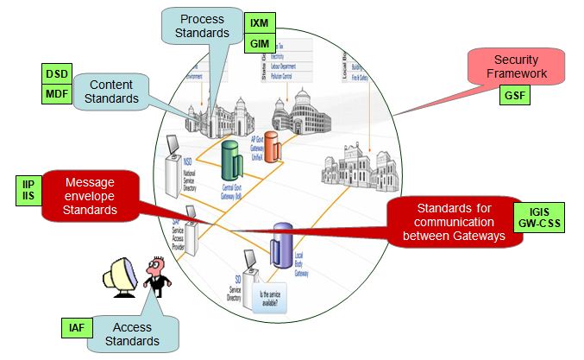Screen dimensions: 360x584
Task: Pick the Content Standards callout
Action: pos(110,92)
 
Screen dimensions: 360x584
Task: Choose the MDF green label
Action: pos(56,93)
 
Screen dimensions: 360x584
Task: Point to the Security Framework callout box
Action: pos(515,67)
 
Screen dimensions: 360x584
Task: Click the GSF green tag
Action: pos(514,95)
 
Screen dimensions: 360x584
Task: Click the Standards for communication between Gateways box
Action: pos(455,221)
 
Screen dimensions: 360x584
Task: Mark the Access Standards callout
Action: pos(133,334)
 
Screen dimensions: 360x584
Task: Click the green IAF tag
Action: pos(76,328)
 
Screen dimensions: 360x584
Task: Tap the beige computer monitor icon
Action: pos(119,277)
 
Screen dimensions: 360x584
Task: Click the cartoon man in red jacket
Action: pos(156,276)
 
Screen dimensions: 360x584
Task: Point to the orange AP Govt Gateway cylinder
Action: pos(273,146)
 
